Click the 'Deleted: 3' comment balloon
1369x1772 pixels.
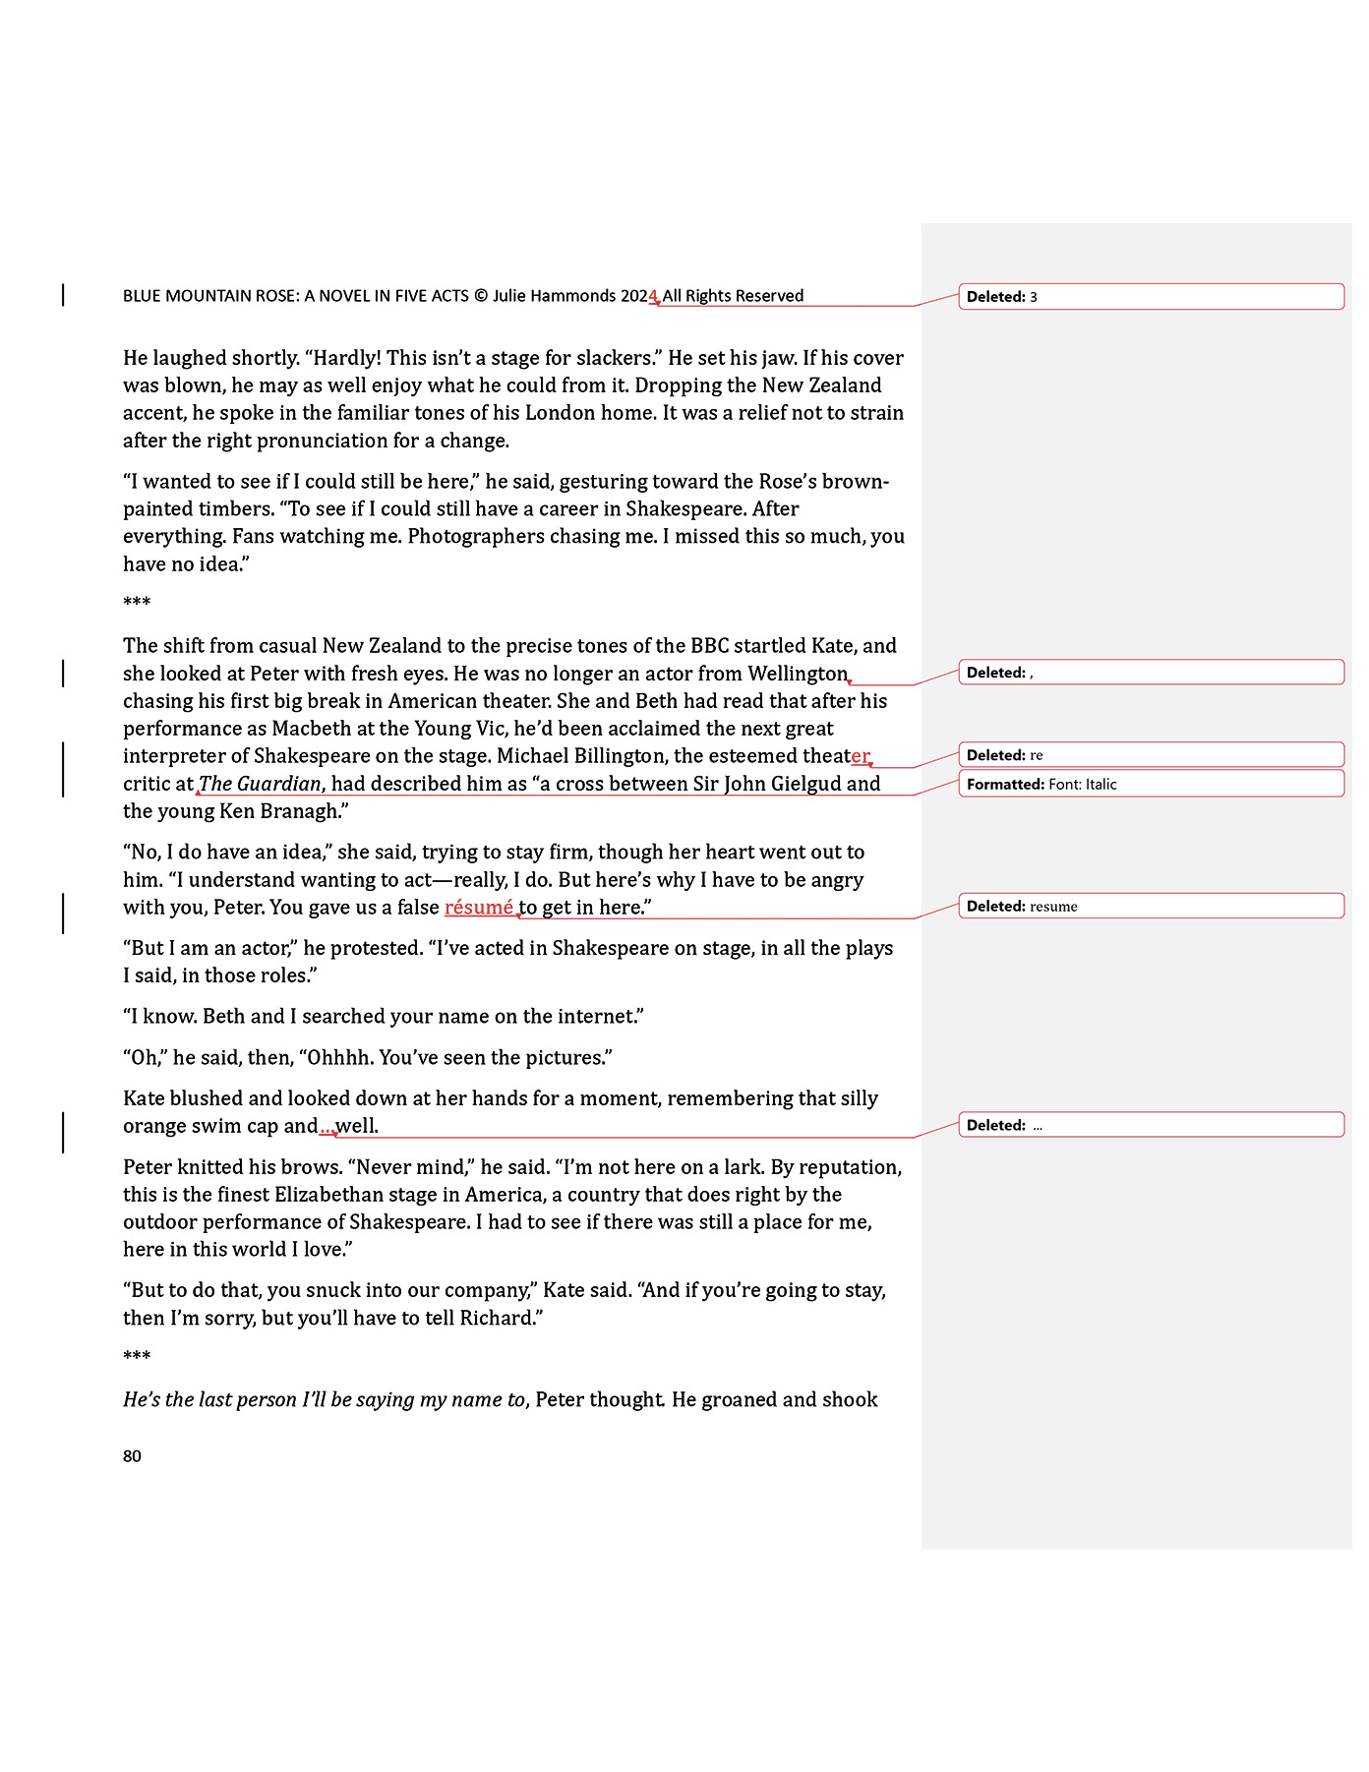pyautogui.click(x=1151, y=297)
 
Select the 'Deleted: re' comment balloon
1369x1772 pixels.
pyautogui.click(x=1151, y=755)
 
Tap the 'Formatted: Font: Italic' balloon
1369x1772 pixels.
pyautogui.click(x=1151, y=784)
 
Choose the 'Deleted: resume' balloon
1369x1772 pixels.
pyautogui.click(x=1151, y=906)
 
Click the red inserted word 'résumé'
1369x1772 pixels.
pyautogui.click(x=479, y=908)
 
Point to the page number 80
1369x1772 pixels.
pyautogui.click(x=132, y=1456)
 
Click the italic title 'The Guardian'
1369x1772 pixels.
pyautogui.click(x=261, y=784)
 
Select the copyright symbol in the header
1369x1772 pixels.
pyautogui.click(x=481, y=296)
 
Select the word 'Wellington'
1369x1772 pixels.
pyautogui.click(x=798, y=674)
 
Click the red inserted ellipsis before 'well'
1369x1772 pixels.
pyautogui.click(x=327, y=1127)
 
